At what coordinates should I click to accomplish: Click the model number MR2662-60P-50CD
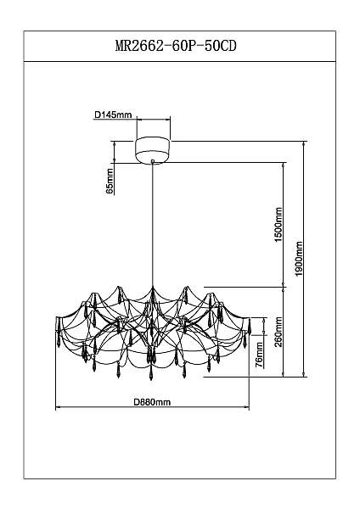pos(176,46)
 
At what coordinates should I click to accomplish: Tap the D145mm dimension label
pos(113,115)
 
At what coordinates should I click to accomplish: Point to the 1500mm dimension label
pos(278,225)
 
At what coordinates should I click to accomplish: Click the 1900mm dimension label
pos(299,259)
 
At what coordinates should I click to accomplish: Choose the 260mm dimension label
pos(278,332)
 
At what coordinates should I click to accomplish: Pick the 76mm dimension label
pos(259,355)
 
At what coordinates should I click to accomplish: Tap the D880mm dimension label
pos(152,402)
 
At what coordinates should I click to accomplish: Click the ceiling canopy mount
pos(153,150)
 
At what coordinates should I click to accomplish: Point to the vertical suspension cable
pos(152,225)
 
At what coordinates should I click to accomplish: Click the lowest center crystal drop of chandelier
pos(151,372)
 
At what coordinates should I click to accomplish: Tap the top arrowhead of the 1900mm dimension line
pos(304,144)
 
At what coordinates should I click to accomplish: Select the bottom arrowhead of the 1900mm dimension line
pos(304,374)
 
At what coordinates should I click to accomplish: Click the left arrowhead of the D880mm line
pos(59,406)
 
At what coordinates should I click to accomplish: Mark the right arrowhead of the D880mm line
pos(246,406)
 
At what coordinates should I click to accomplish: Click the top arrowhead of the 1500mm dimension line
pos(284,165)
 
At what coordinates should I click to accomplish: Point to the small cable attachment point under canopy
pos(153,161)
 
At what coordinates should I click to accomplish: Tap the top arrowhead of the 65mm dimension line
pos(114,144)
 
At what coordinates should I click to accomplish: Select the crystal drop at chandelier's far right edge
pos(250,327)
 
